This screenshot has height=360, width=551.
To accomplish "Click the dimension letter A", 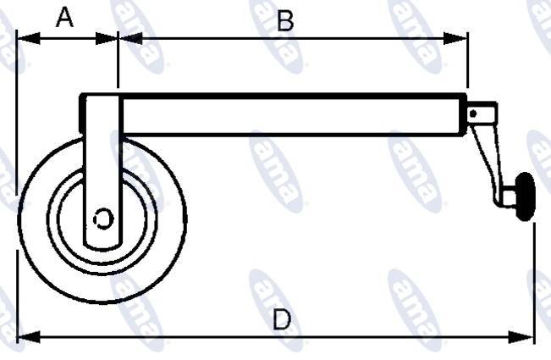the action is pos(64,18).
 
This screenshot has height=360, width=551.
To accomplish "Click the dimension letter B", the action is pos(285,21).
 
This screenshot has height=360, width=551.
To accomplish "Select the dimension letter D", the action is pos(282,319).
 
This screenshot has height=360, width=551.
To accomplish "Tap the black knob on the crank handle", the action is pos(525,197).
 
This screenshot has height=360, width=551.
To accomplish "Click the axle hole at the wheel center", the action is pos(103,219).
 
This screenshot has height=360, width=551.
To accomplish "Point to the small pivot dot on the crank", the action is pos(473,114).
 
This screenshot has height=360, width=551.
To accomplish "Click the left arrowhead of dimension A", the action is pos(29,38).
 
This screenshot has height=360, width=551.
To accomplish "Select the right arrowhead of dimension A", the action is pos(107,39).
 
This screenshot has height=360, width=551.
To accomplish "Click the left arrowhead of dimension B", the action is pos(130,38).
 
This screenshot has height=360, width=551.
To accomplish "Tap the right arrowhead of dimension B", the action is pos(455,38).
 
